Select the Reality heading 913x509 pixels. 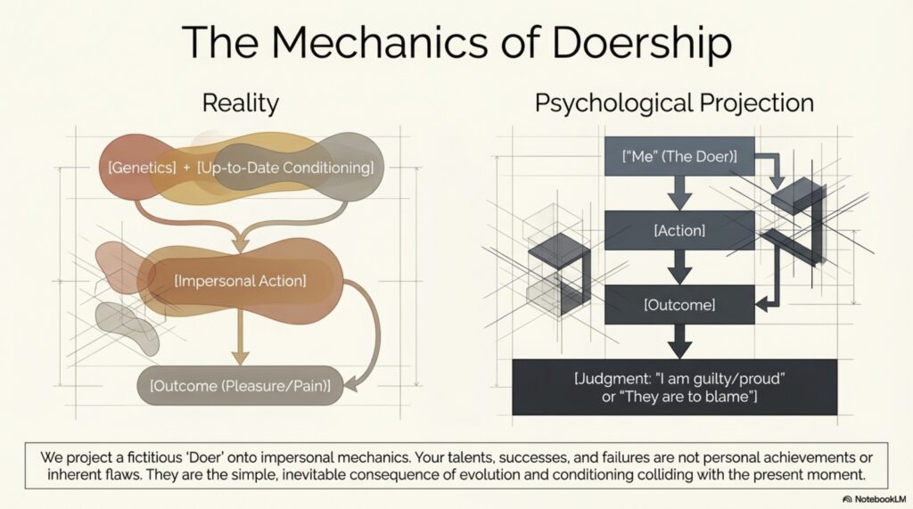(x=240, y=103)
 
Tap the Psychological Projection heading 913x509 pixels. (x=674, y=103)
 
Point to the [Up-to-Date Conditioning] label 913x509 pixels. (x=285, y=167)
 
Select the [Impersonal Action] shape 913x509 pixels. (x=241, y=281)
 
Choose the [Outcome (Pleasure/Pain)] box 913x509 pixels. (x=240, y=386)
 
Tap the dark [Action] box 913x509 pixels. (x=679, y=231)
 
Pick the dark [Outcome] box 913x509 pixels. (x=679, y=305)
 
